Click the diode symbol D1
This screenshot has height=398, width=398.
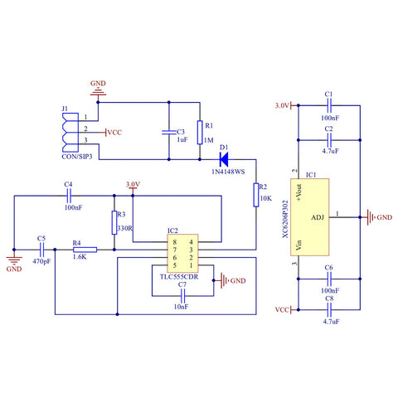pos(224,159)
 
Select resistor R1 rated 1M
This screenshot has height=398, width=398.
pos(200,133)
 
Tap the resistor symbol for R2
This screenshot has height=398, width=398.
pos(256,195)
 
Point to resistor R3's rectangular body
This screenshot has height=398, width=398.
pos(114,222)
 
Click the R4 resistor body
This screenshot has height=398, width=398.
pos(85,250)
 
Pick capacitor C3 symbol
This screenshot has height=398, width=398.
pos(169,133)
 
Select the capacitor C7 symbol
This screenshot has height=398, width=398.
pos(182,296)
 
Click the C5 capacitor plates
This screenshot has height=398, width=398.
pos(41,250)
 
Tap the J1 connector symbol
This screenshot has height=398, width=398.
pos(70,133)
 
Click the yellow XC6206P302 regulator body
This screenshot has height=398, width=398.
pos(309,217)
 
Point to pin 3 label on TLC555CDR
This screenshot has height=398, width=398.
pos(191,250)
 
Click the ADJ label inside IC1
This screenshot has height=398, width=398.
pos(318,217)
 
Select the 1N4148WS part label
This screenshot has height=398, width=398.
pos(228,172)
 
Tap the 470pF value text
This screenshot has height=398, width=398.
pos(41,261)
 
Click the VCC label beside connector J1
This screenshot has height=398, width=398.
pos(114,133)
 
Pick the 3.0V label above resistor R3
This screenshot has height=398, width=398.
pos(133,184)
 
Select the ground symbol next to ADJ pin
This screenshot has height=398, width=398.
pos(371,217)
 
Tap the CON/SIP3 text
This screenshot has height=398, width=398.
pos(77,157)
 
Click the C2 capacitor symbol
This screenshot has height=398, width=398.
pos(329,140)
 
